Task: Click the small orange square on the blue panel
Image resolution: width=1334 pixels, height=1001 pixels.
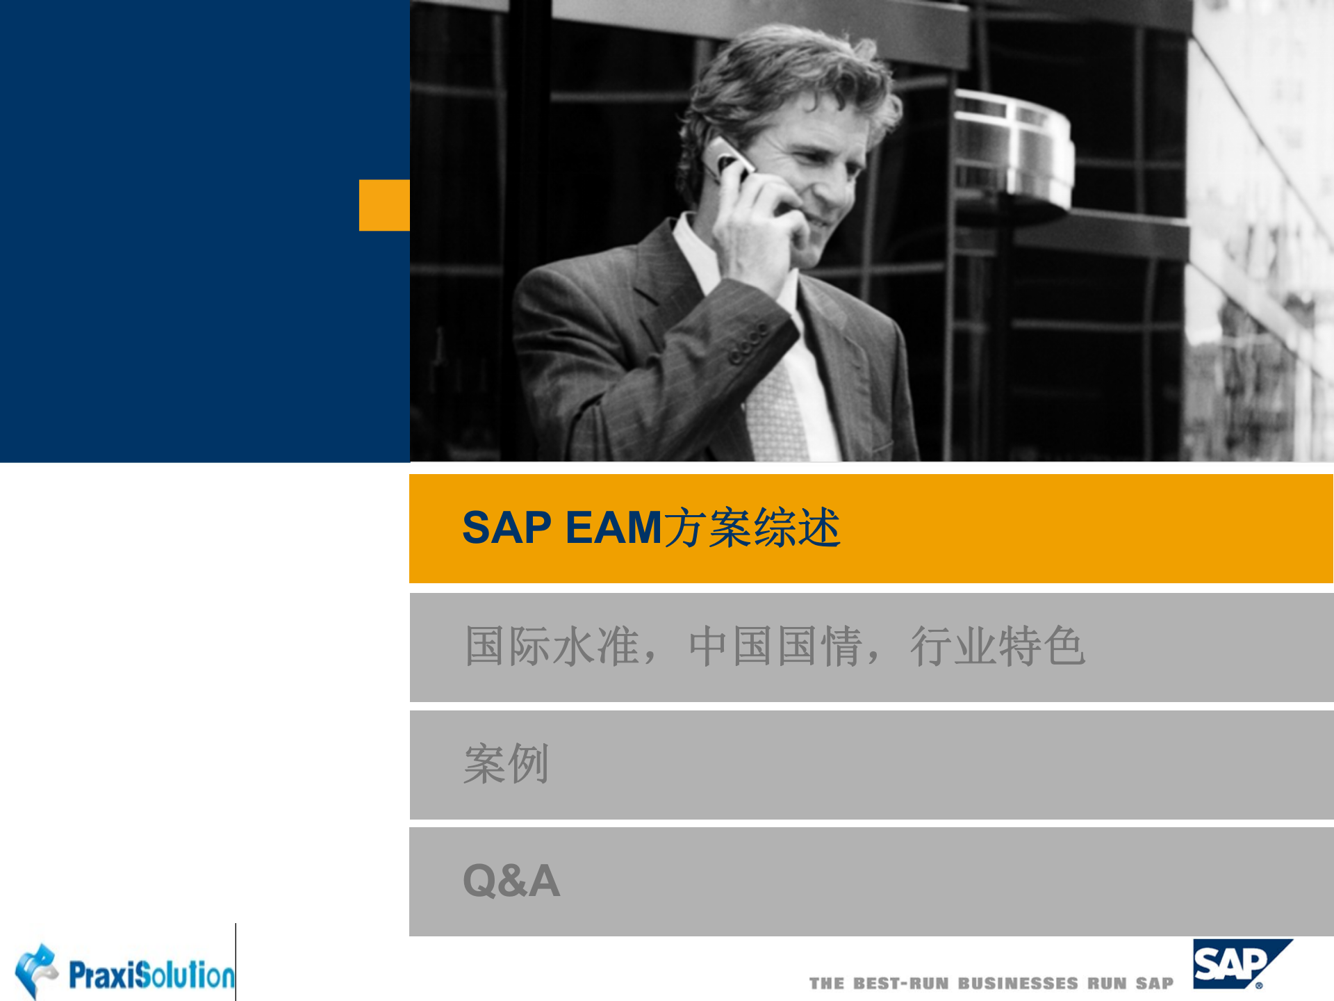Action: [384, 205]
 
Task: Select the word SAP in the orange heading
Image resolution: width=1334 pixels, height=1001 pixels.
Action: [507, 528]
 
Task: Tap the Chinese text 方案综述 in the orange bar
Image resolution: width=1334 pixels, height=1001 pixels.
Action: [752, 528]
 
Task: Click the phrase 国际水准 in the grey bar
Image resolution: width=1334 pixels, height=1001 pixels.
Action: [552, 646]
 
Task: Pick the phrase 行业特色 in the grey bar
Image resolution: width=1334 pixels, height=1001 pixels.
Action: [998, 646]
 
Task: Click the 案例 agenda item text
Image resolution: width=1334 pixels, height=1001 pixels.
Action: [507, 764]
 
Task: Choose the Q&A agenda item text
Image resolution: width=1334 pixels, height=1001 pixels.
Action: [511, 881]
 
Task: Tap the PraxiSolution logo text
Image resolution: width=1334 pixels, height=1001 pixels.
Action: [151, 975]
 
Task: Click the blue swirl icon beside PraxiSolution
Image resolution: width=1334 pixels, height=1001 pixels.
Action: [36, 969]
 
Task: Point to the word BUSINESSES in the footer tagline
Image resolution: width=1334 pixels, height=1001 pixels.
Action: [1018, 984]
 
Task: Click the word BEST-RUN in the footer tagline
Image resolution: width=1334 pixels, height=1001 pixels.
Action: [900, 984]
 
